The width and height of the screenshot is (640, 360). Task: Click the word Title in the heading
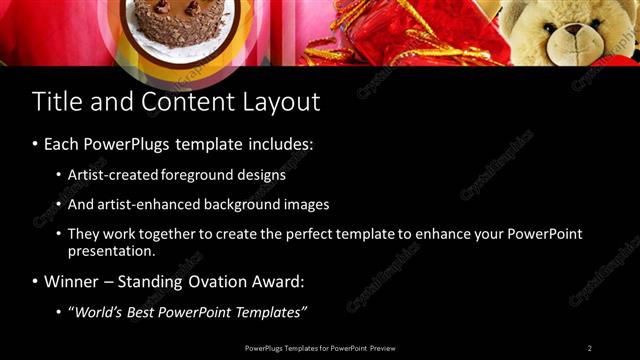click(55, 102)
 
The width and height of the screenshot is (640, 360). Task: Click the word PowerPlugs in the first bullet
click(130, 144)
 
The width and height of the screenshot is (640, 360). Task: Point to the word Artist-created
click(111, 174)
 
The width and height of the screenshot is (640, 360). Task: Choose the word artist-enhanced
click(146, 204)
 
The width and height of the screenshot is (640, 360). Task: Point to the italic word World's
click(101, 312)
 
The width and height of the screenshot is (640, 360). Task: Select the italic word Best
click(150, 312)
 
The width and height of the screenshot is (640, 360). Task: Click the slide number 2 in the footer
click(589, 347)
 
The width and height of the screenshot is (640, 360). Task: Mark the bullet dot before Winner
click(36, 283)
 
